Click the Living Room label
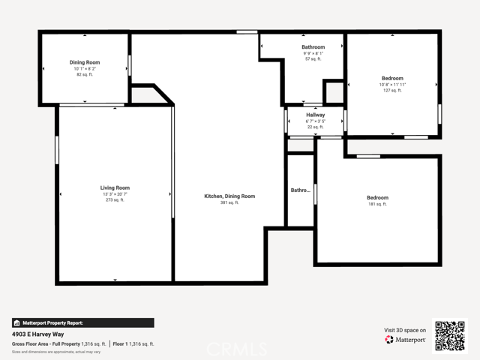point(115,187)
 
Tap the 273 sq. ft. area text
point(115,200)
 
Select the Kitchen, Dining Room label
point(229,196)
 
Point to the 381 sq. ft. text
point(229,202)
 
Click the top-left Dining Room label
point(85,62)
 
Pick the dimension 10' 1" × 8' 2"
point(85,69)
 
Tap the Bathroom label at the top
point(313,46)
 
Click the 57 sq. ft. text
point(313,59)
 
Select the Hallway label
point(315,115)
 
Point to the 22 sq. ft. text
point(315,127)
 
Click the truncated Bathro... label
point(300,190)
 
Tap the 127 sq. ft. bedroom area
point(392,91)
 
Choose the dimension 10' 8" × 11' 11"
point(392,85)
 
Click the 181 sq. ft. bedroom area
point(377,204)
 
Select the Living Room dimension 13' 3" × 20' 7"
point(115,194)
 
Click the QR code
point(450,335)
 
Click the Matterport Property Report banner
point(82,322)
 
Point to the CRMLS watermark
point(237,349)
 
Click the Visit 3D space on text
point(405,330)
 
